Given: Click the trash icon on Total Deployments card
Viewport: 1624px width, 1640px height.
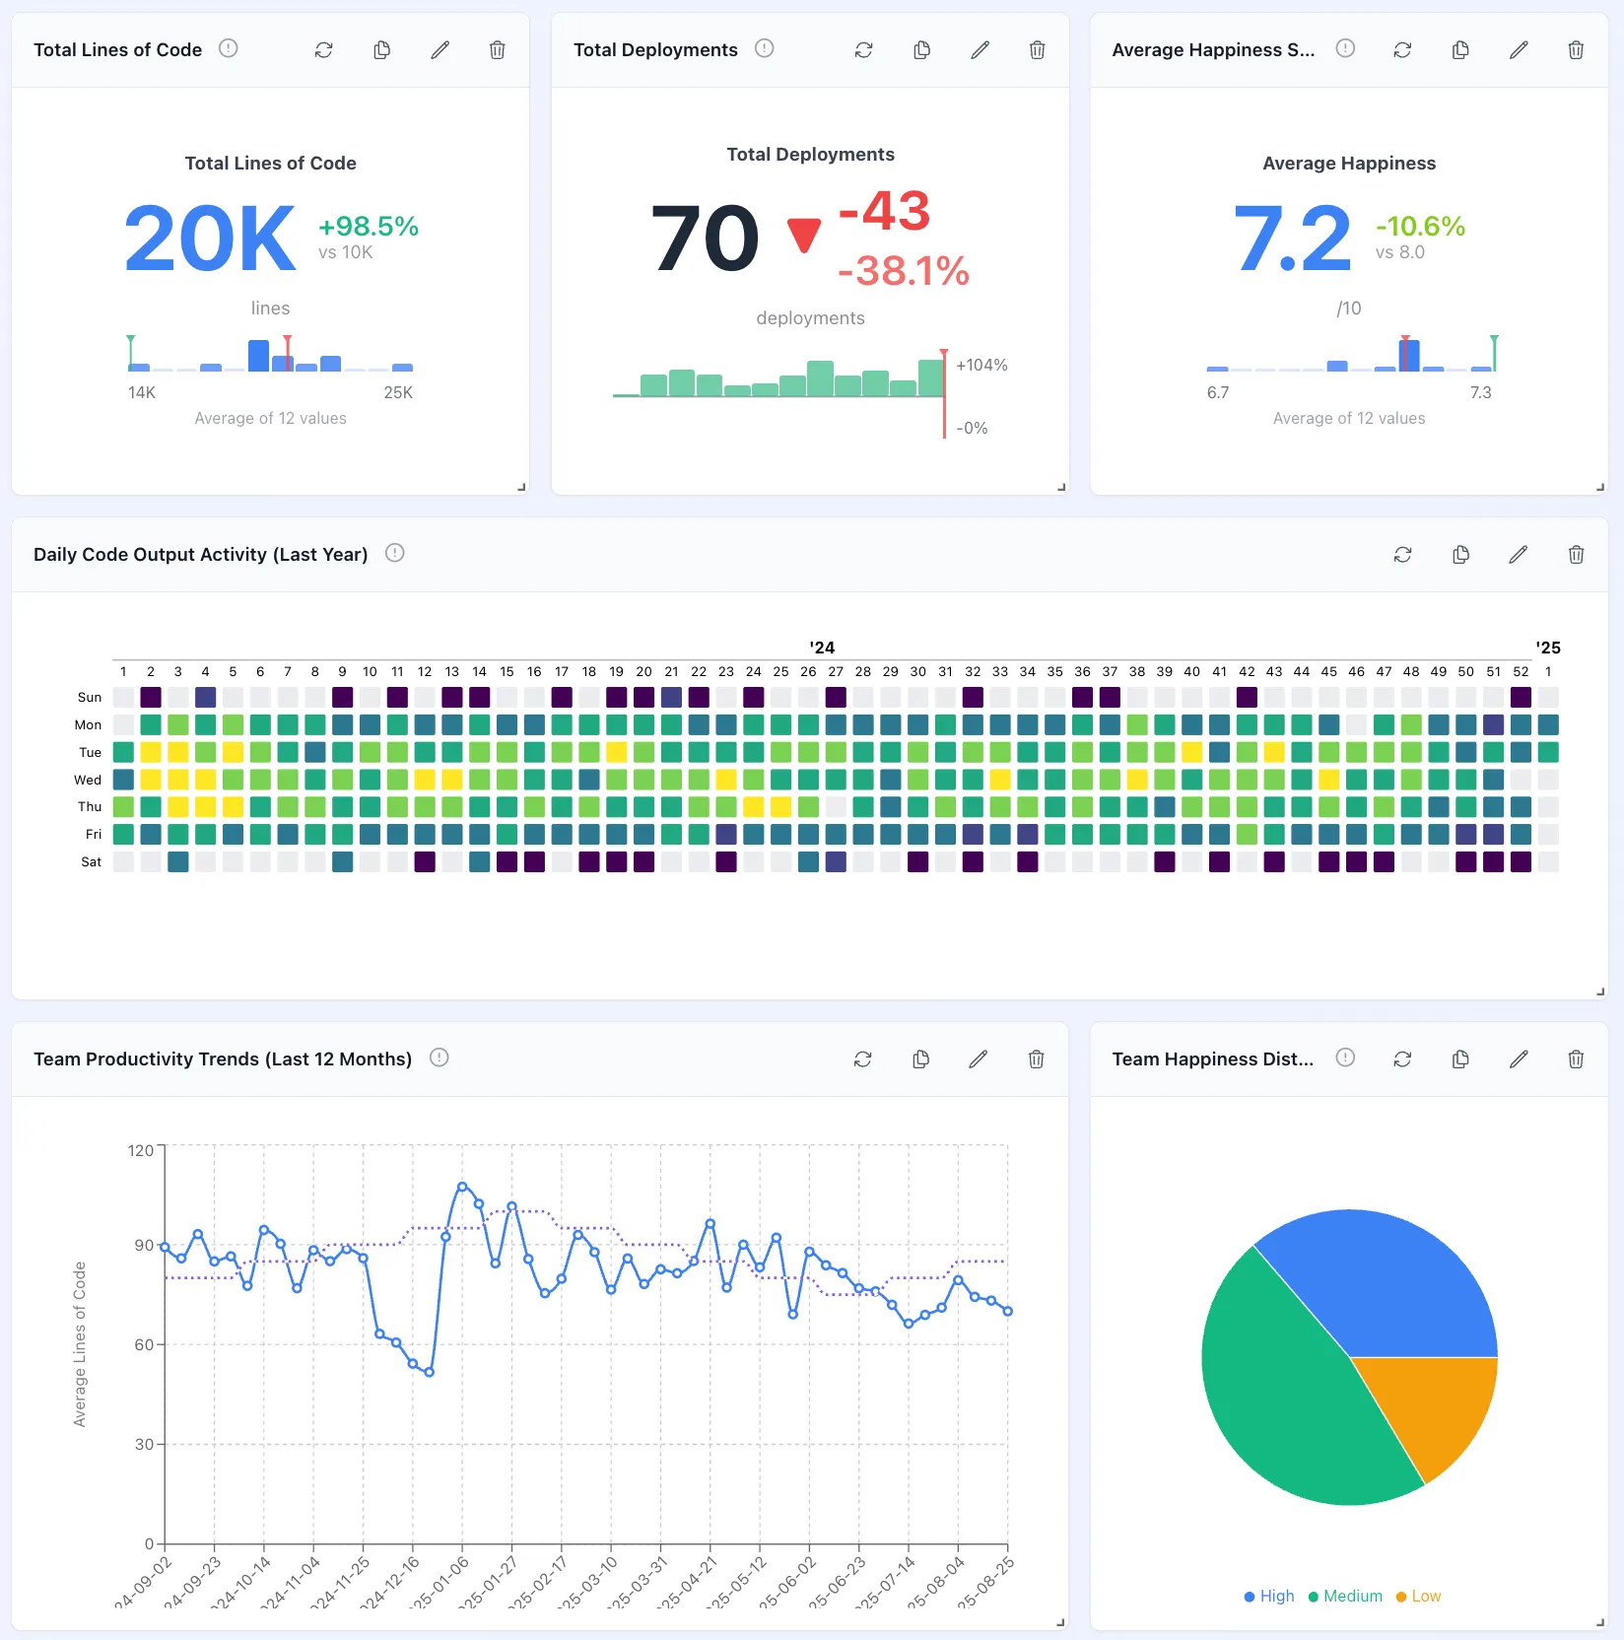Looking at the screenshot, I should click(1037, 50).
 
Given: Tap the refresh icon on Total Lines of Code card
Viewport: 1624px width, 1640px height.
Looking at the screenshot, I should click(323, 50).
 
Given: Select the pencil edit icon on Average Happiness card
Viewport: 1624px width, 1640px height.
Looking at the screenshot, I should click(1519, 50).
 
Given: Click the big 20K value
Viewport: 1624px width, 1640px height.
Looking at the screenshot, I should click(210, 239).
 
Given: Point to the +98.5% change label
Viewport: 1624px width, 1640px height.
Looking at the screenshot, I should click(369, 227).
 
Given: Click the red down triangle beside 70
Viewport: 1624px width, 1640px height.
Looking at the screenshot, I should click(804, 235).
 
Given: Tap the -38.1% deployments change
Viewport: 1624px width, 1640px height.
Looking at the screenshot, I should click(904, 271).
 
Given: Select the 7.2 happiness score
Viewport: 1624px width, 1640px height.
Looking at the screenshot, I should click(1292, 239).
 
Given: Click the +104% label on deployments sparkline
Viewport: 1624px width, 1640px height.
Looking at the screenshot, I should click(981, 366).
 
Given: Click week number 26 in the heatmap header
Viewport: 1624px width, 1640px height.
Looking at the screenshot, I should click(808, 672).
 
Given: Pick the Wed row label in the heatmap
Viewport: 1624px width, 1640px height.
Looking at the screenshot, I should click(88, 780).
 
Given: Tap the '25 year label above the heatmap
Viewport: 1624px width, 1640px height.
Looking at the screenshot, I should click(1548, 648).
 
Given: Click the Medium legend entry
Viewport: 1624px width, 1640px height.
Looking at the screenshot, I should click(1345, 1596).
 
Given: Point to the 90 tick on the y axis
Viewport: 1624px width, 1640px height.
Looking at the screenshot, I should click(144, 1246).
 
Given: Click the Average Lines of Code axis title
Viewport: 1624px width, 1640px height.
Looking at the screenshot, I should click(80, 1344).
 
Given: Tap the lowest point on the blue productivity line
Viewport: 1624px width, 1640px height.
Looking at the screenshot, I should click(429, 1372).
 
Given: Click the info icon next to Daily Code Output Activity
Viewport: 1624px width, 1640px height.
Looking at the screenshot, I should click(395, 553).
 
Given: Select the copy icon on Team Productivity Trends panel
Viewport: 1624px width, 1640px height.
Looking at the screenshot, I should click(920, 1059).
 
